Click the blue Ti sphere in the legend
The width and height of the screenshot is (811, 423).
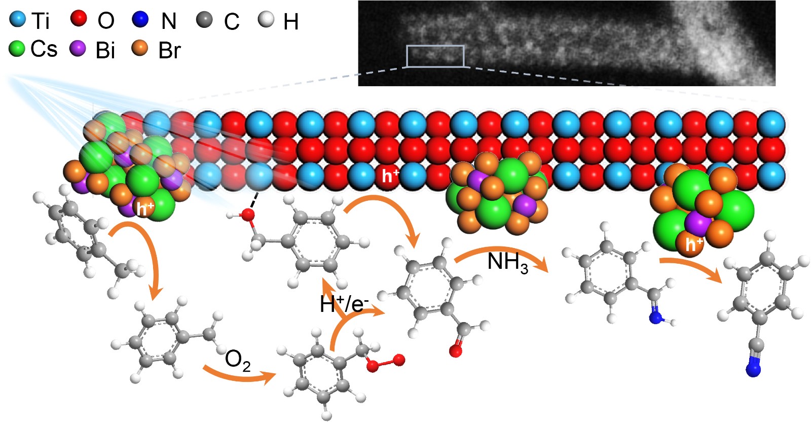pyautogui.click(x=18, y=20)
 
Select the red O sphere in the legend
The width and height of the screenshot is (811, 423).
pyautogui.click(x=79, y=19)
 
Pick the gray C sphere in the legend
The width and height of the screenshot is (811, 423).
pyautogui.click(x=204, y=20)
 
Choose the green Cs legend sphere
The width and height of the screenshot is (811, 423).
pyautogui.click(x=17, y=49)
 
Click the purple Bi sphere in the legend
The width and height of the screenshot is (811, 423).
pyautogui.click(x=78, y=48)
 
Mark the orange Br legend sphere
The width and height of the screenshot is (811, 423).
pyautogui.click(x=140, y=48)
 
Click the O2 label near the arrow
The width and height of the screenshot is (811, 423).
pyautogui.click(x=238, y=360)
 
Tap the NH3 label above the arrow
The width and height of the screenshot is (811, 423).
pyautogui.click(x=507, y=262)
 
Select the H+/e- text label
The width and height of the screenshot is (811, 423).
pyautogui.click(x=344, y=304)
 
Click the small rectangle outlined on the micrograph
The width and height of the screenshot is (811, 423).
pyautogui.click(x=435, y=56)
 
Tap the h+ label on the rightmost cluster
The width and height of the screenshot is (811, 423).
pyautogui.click(x=694, y=244)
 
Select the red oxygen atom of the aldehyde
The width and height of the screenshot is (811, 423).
pyautogui.click(x=455, y=351)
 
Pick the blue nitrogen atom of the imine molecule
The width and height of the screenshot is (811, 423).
pyautogui.click(x=655, y=318)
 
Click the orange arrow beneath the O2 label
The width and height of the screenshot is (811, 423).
pyautogui.click(x=238, y=376)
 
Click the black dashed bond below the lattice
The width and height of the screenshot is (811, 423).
pyautogui.click(x=255, y=199)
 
